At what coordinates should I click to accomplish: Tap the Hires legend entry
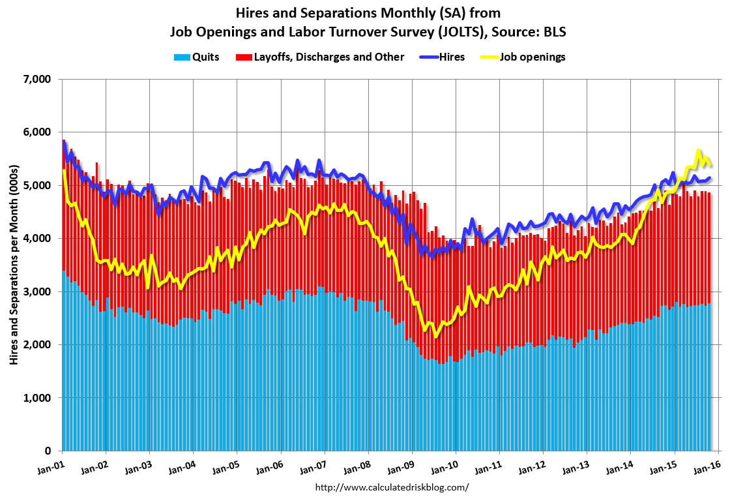pos(452,57)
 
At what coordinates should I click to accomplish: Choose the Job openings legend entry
pos(533,57)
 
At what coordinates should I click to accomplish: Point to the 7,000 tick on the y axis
pos(36,80)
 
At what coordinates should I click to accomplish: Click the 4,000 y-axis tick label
pos(36,239)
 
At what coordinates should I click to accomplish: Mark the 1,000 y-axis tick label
pos(36,398)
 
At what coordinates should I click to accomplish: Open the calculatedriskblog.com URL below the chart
pos(392,487)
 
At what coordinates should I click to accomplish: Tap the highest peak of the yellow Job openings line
pos(699,150)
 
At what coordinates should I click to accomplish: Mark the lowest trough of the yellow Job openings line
pos(435,337)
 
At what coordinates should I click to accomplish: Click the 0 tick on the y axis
pos(48,451)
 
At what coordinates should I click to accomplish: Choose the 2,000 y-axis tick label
pos(36,344)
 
